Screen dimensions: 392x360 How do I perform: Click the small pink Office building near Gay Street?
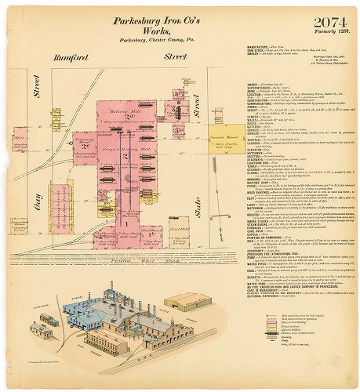click(x=20, y=143)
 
